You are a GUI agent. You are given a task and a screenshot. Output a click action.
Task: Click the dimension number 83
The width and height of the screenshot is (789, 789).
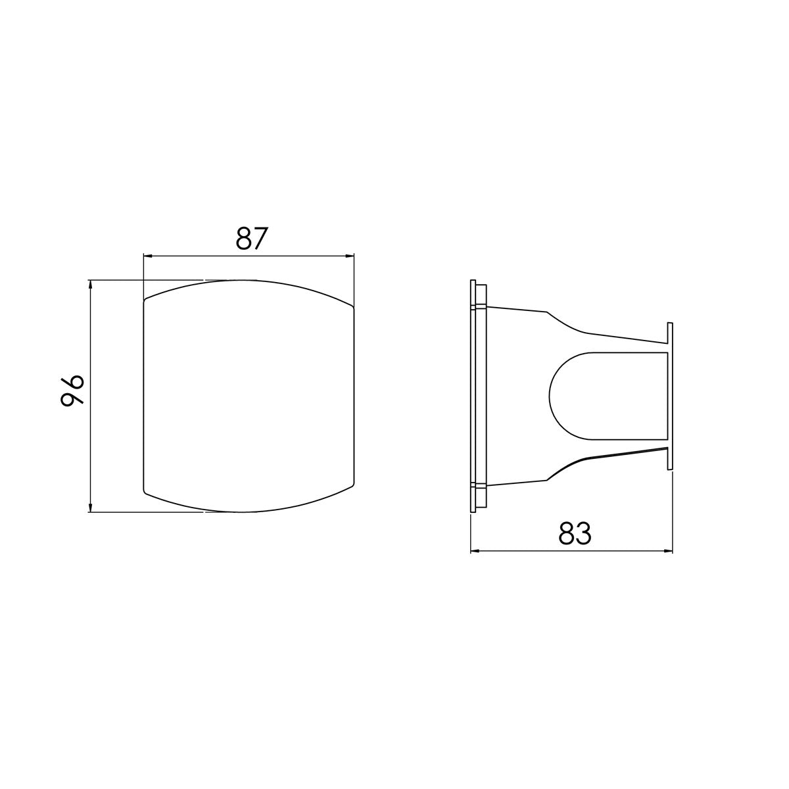(x=575, y=534)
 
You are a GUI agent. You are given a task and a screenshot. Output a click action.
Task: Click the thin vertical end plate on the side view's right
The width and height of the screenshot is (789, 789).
(x=670, y=396)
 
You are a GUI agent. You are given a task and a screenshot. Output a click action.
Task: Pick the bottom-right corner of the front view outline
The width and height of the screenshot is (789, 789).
(x=353, y=489)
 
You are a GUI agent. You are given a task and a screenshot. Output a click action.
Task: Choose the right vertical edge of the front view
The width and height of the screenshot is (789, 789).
(x=354, y=394)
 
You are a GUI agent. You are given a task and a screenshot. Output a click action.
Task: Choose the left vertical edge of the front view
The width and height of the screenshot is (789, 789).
(x=143, y=394)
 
